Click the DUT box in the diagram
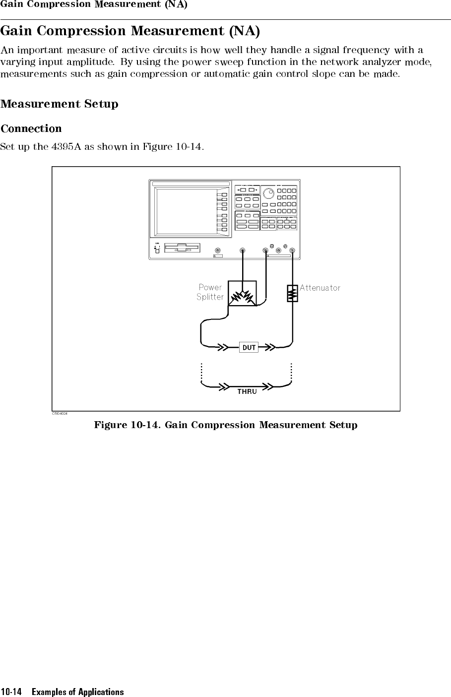[249, 347]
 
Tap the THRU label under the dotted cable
[247, 391]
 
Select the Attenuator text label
[320, 288]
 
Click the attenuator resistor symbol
[292, 293]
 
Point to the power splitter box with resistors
[242, 294]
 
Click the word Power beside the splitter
[210, 287]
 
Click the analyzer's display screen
[186, 210]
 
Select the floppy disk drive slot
[182, 248]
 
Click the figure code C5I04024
[60, 414]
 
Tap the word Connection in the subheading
[31, 129]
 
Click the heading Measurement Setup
[60, 104]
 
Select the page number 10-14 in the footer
[11, 692]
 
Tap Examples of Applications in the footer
[78, 692]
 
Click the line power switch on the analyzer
[157, 250]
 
